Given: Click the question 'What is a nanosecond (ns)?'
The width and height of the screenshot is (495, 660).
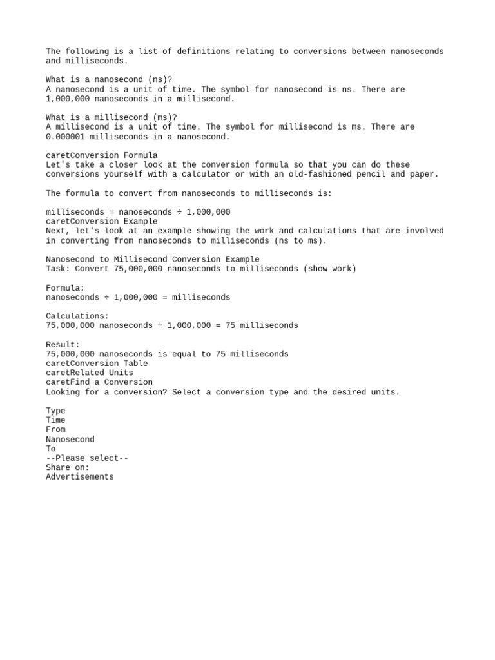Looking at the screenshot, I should click(x=109, y=80).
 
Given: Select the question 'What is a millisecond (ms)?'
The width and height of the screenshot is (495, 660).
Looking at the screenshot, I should click(x=112, y=117).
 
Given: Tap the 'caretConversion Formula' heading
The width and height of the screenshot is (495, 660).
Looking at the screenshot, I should click(x=101, y=155).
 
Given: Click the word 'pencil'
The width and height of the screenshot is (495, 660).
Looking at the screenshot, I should click(x=408, y=174).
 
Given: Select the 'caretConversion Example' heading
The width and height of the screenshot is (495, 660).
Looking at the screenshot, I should click(x=101, y=221).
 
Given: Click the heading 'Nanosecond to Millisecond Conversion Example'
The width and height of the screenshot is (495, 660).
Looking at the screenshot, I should click(x=152, y=259).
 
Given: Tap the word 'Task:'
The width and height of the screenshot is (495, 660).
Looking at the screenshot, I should click(x=58, y=269).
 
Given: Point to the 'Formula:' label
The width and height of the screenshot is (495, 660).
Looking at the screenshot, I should click(x=65, y=288).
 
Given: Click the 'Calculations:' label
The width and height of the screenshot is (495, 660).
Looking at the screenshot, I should click(x=77, y=316).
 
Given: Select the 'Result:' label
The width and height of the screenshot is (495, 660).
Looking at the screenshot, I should click(x=63, y=345).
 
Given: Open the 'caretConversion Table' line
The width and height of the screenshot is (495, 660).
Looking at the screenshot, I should click(x=97, y=364).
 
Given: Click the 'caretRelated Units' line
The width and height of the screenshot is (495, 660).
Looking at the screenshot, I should click(x=90, y=373).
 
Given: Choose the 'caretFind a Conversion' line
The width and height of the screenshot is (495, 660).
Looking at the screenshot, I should click(x=99, y=382).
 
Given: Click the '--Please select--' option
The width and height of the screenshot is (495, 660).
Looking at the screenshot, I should click(x=87, y=458).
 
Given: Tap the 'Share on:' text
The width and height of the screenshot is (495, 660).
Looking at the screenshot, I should click(x=68, y=467).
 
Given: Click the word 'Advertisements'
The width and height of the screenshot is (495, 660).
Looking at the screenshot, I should click(x=80, y=477).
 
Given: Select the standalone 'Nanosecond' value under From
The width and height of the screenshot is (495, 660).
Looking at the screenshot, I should click(x=70, y=439).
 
